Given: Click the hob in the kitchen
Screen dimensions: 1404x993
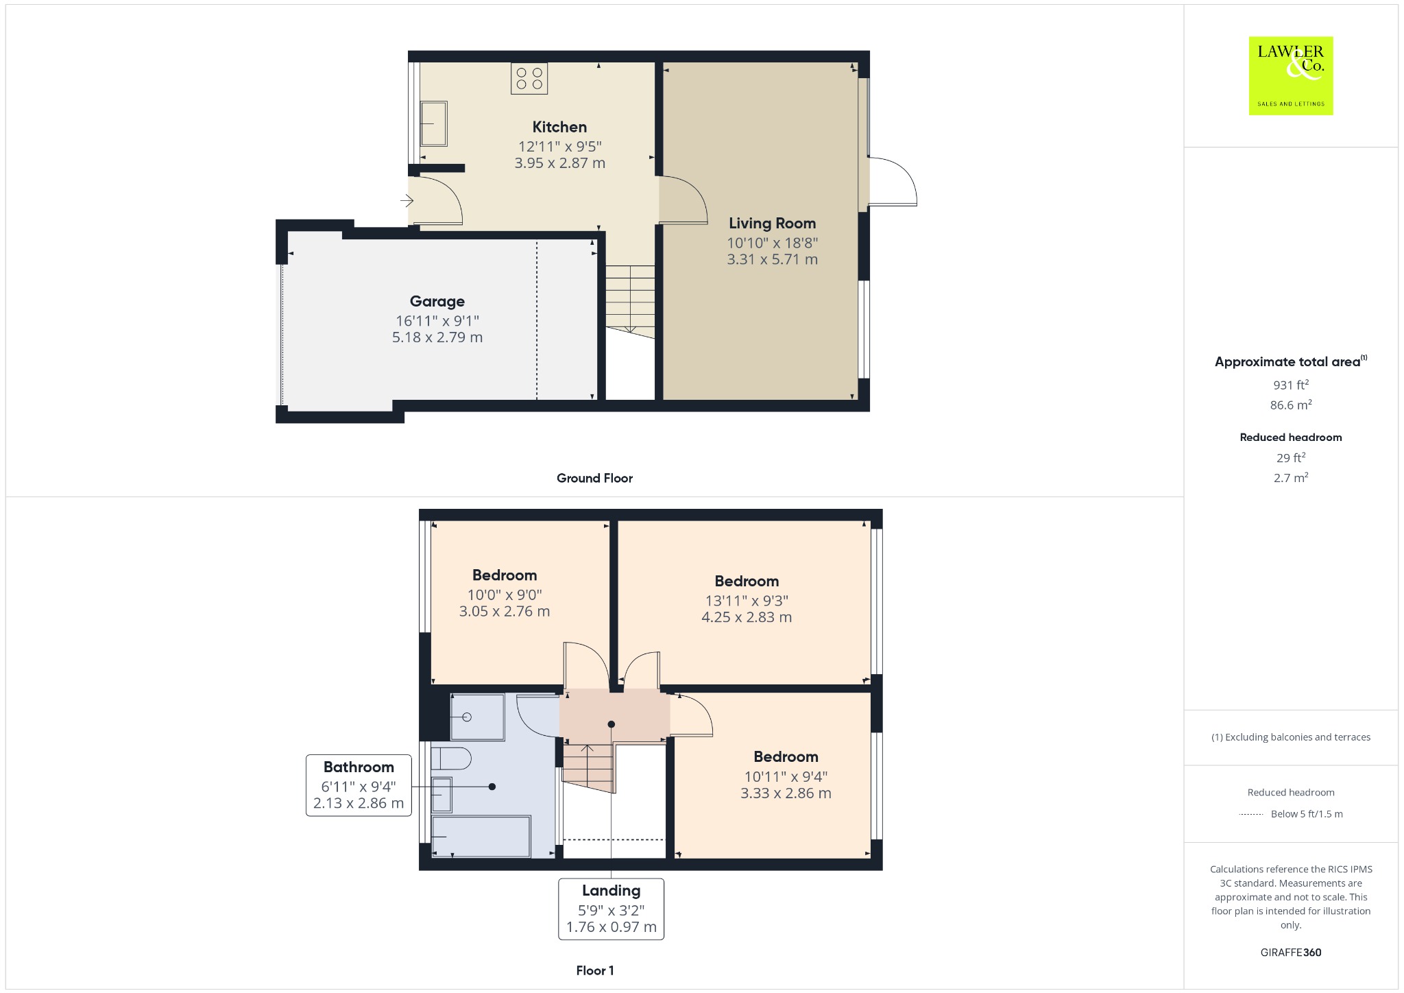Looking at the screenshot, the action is point(529,78).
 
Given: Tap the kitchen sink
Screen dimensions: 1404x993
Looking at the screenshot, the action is point(433,123).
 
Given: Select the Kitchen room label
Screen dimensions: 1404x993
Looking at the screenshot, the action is point(559,127).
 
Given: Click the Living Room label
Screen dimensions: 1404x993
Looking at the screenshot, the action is point(772,223).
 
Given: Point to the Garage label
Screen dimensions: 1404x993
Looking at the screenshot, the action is point(437,301).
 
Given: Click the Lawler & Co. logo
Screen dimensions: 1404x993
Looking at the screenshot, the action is point(1290,75).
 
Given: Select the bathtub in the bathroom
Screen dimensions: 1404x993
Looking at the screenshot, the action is point(481,836).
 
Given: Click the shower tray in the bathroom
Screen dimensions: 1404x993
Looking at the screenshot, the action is point(477,717).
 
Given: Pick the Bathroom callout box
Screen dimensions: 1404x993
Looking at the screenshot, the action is point(359,785).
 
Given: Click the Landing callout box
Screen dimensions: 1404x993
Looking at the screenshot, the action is point(611,909).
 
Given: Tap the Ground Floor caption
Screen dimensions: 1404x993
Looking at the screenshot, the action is point(594,478).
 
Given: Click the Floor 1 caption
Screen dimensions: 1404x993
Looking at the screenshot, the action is point(594,970).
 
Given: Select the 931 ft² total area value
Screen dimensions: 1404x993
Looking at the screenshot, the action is point(1290,385).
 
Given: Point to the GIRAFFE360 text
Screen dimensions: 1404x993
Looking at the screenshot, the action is point(1290,952).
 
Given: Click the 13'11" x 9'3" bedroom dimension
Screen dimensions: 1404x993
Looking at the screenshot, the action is point(747,601).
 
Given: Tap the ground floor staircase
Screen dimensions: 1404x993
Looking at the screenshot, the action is point(630,302).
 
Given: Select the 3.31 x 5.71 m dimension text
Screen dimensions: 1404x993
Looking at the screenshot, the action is point(772,259).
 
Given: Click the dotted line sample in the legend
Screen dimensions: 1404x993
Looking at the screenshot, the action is point(1251,814).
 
